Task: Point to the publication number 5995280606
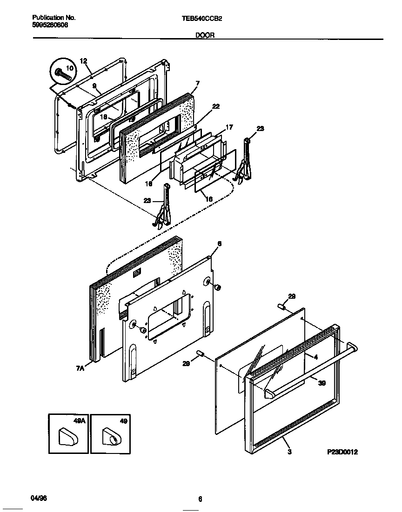pyautogui.click(x=50, y=25)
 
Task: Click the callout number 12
pyautogui.click(x=83, y=61)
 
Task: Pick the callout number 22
pyautogui.click(x=215, y=106)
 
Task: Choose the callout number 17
pyautogui.click(x=229, y=127)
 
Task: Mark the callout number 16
pyautogui.click(x=209, y=198)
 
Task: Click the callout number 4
pyautogui.click(x=315, y=357)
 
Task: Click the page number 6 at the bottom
pyautogui.click(x=200, y=499)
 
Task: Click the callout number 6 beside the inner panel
pyautogui.click(x=219, y=243)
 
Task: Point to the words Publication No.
pyautogui.click(x=54, y=18)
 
